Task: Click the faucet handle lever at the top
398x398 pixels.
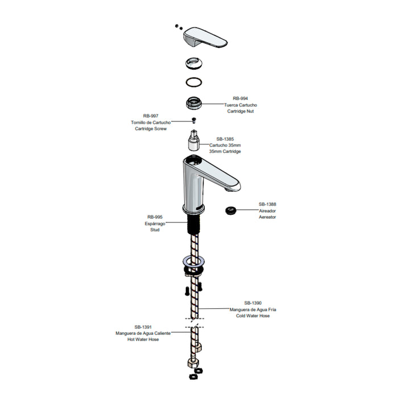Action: [205, 38]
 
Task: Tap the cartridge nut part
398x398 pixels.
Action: [194, 103]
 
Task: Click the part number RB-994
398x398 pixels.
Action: [240, 98]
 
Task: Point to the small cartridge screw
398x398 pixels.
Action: [194, 120]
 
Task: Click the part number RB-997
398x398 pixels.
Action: [151, 116]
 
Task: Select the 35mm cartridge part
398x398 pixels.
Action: [194, 140]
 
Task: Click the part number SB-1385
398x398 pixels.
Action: [225, 139]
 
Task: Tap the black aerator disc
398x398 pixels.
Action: [230, 210]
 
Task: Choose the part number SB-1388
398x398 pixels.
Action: [267, 204]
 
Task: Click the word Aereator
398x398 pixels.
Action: [267, 217]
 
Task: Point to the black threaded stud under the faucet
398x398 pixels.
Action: [194, 224]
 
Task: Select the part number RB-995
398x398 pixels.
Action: [155, 217]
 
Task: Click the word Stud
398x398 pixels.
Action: [155, 230]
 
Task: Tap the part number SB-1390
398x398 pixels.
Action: [253, 303]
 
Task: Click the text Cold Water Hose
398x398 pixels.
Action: [253, 316]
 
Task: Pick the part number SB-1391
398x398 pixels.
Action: [143, 327]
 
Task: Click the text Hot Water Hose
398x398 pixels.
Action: [143, 339]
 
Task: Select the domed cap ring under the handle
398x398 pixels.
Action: [194, 63]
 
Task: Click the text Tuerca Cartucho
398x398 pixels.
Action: [241, 105]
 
